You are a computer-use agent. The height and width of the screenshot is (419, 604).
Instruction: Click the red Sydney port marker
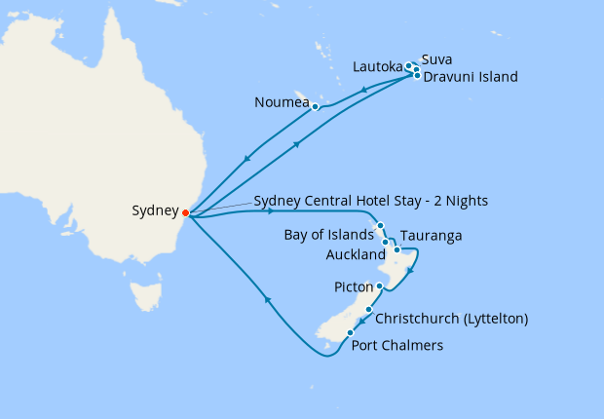point(185,211)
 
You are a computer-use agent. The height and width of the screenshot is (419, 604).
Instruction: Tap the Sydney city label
point(155,210)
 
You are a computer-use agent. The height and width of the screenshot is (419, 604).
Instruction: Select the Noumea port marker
point(316,106)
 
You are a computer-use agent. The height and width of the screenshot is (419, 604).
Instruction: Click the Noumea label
point(282,101)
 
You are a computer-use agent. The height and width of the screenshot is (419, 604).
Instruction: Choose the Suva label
point(436,59)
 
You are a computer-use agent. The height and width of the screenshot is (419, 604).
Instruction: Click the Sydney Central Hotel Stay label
point(370,201)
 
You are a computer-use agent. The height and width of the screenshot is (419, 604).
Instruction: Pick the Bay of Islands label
point(328,234)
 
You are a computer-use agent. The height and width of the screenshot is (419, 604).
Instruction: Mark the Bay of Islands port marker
point(380,226)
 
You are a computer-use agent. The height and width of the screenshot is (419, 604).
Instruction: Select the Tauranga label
point(431,236)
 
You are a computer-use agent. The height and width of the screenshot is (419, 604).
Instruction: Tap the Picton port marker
point(379,286)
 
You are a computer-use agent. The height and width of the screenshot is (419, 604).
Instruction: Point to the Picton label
point(353,286)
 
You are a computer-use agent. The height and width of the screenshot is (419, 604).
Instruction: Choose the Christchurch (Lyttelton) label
point(451,319)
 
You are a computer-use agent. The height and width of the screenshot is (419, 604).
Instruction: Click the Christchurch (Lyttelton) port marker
point(368,310)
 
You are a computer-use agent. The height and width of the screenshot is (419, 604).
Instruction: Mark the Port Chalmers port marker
point(350,333)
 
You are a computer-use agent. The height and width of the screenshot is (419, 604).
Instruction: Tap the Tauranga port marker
point(396,250)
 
